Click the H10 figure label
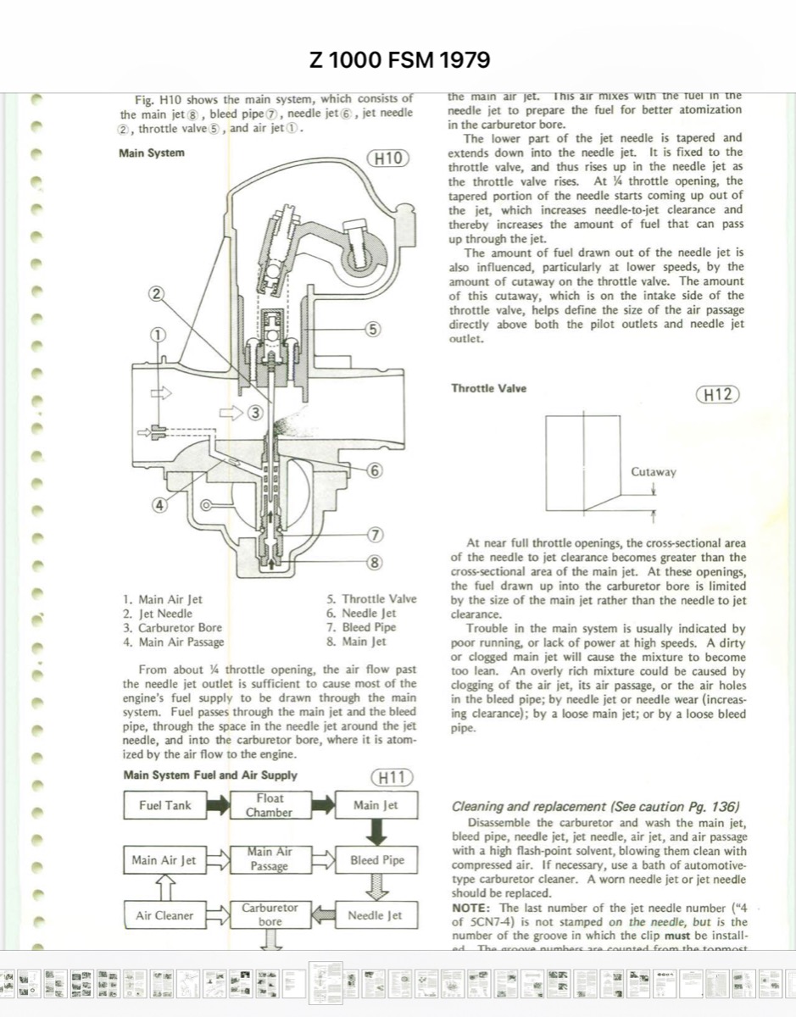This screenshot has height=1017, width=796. coord(391,158)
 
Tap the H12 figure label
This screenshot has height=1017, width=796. coord(716,394)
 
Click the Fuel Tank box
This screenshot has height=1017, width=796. coord(165,805)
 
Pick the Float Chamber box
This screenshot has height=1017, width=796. coord(269,805)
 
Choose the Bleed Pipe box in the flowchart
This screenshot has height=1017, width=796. coord(377,860)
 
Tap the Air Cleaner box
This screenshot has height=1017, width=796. coord(164,915)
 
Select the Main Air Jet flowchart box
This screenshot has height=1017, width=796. coord(164,860)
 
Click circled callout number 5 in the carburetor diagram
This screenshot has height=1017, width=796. coord(374,328)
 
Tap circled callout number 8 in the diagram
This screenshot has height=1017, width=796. coord(374,562)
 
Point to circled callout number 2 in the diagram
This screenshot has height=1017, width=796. coord(156,294)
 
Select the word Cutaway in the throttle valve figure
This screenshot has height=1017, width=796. coord(654,472)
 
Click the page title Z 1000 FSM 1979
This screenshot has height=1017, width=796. coord(400,60)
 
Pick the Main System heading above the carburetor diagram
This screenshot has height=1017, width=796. coord(153,153)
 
